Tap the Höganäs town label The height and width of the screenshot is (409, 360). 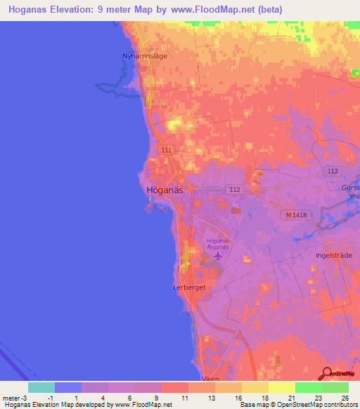point(165,190)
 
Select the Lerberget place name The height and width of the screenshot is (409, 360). point(188,287)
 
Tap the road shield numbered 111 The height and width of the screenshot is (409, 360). point(166,150)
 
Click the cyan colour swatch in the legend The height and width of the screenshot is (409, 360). point(41,387)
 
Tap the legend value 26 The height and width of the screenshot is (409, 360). point(345,398)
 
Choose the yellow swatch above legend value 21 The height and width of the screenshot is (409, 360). point(282,387)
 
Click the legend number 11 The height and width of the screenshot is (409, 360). point(184,398)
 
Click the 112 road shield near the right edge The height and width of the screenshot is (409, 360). point(333,171)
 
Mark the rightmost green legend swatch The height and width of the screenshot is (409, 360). point(335,387)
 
